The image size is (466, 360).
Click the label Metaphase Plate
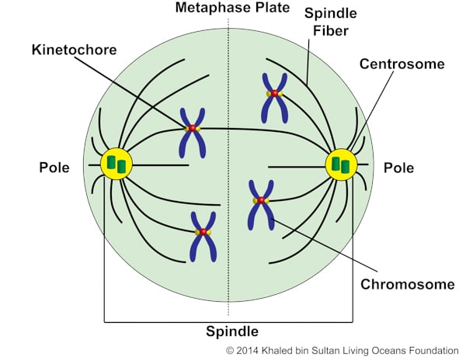tap(231, 9)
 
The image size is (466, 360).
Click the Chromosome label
tap(407, 284)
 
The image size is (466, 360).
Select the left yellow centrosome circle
tap(116, 164)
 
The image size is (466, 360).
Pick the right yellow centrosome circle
tap(340, 164)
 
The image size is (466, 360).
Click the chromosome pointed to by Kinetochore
tap(192, 130)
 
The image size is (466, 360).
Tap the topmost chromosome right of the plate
tap(274, 95)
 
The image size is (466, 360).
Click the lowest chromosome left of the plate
tap(203, 235)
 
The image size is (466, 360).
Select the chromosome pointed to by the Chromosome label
tap(259, 203)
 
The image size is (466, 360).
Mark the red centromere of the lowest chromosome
tap(203, 232)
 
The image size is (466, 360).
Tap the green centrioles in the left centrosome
tap(116, 164)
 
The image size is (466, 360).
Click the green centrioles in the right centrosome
tap(340, 164)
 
